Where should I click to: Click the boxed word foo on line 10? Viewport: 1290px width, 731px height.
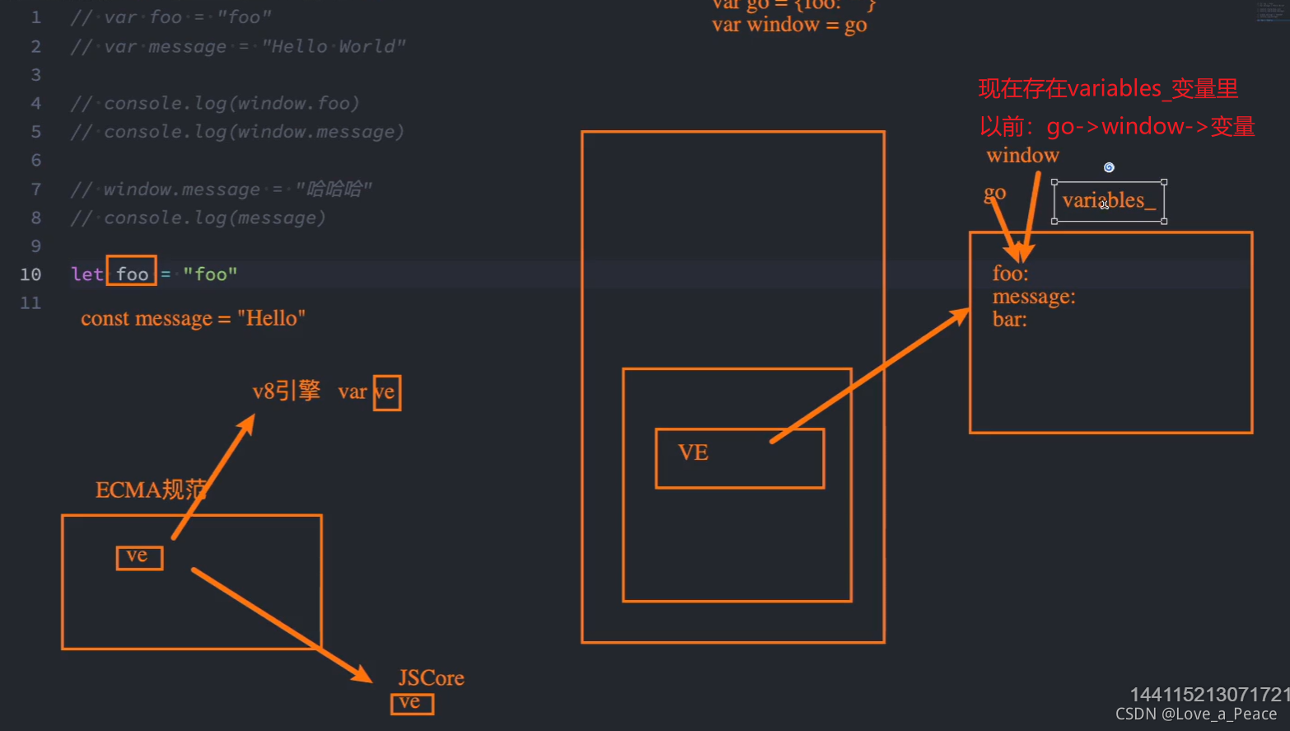(132, 274)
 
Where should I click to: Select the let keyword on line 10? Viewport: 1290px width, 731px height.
(86, 274)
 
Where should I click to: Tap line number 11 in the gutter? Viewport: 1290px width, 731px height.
(30, 302)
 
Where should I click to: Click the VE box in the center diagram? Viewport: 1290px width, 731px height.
(739, 458)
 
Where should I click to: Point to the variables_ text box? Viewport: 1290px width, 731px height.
(1109, 201)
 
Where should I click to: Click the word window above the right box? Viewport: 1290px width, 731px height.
(1022, 155)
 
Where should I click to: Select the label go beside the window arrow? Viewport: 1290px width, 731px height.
(994, 193)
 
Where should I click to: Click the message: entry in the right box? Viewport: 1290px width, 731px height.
(1033, 297)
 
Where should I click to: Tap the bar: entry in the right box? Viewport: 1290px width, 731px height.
(1009, 320)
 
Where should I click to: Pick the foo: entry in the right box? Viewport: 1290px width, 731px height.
(1010, 274)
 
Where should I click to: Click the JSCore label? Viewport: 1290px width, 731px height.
(431, 678)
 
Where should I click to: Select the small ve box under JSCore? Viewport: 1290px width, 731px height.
(412, 703)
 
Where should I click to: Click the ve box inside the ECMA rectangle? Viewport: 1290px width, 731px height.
(139, 557)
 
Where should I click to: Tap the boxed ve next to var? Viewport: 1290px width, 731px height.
(386, 392)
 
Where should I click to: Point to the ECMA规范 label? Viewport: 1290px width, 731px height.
(151, 490)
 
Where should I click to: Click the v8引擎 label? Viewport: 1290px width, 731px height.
(286, 391)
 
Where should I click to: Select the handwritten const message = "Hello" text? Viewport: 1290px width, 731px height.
(193, 319)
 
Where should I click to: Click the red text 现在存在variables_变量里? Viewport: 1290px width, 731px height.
(1108, 89)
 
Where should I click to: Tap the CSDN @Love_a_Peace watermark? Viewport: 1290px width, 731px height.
(1195, 715)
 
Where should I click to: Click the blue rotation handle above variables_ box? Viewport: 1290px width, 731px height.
(1109, 167)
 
